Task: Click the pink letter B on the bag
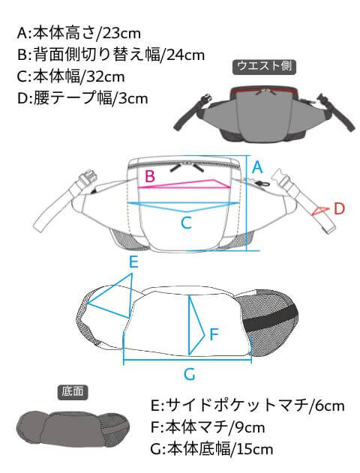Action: pos(150,176)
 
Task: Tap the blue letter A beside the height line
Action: pos(257,167)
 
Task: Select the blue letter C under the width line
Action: pos(186,223)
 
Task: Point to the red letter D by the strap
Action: pos(339,208)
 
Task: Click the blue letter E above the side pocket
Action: pos(133,262)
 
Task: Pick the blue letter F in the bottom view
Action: pos(214,334)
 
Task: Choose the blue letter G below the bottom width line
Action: pos(190,374)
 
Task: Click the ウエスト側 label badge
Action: pos(264,67)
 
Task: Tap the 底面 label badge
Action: pos(73,393)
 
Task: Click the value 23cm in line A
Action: pos(121,33)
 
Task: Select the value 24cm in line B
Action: pos(185,55)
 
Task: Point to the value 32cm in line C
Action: pos(105,77)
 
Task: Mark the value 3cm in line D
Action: pos(133,99)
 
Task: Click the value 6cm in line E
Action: pos(329,406)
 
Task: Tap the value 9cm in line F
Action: pos(250,427)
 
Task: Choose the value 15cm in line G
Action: pos(255,450)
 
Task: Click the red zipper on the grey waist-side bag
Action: pos(265,90)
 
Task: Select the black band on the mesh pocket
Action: pos(270,320)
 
